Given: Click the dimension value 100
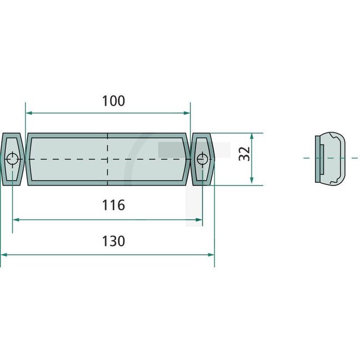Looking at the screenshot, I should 114,101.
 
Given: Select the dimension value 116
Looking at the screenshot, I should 114,205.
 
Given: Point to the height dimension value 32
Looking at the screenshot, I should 244,153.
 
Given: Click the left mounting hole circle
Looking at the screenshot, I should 12,160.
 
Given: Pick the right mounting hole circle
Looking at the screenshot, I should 202,160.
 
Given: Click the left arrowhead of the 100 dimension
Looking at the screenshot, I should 29,112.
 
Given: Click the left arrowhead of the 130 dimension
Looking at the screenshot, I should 4,254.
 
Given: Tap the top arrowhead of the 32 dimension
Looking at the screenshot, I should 252,136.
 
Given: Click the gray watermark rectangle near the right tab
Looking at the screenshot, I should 166,148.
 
